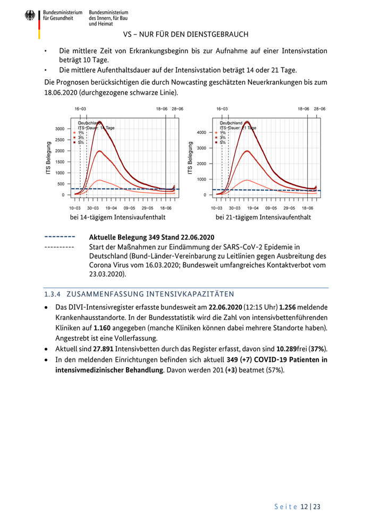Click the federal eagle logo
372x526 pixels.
[30, 16]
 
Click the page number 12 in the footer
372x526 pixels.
[304, 507]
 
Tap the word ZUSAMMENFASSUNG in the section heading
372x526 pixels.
[106, 294]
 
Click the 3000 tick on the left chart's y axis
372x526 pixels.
[60, 129]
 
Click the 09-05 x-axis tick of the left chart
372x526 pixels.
[130, 209]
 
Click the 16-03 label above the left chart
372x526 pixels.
[80, 108]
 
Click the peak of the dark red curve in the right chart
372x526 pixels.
[247, 122]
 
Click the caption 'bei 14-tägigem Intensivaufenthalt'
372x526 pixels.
[117, 218]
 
